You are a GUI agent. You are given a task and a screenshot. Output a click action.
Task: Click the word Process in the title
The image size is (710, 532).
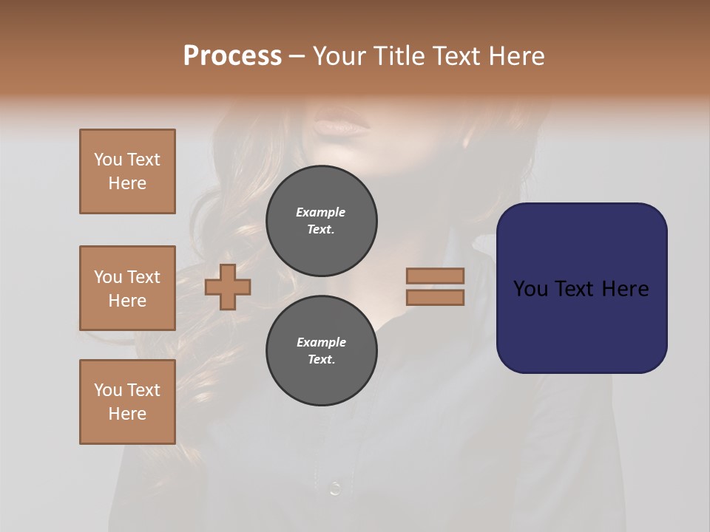(x=232, y=56)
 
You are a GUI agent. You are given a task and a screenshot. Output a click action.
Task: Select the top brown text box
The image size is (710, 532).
(x=127, y=171)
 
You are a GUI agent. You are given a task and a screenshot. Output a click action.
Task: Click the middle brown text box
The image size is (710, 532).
(x=127, y=288)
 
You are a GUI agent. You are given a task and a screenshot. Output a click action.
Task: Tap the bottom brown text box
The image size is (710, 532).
(x=127, y=402)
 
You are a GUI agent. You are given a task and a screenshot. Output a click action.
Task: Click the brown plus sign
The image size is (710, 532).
(x=228, y=287)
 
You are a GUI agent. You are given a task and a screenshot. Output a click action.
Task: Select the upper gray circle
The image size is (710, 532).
(x=321, y=221)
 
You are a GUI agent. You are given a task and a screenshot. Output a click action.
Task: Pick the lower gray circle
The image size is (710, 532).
(x=321, y=351)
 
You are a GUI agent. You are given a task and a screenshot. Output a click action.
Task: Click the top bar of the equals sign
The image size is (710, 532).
(x=435, y=276)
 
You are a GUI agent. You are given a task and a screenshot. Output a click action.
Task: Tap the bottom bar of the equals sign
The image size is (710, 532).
(x=435, y=298)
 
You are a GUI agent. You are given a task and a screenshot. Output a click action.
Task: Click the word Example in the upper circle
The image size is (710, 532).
(x=320, y=212)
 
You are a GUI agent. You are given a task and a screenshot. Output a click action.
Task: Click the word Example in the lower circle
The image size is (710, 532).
(x=321, y=342)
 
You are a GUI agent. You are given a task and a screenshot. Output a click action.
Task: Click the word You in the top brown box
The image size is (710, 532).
(x=107, y=160)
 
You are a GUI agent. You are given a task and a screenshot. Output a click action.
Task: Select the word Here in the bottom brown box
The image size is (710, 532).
(x=127, y=414)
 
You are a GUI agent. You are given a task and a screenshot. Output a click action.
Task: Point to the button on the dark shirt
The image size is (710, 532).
(x=334, y=488)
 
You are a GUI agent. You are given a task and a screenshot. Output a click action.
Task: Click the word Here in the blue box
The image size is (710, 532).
(x=625, y=289)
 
